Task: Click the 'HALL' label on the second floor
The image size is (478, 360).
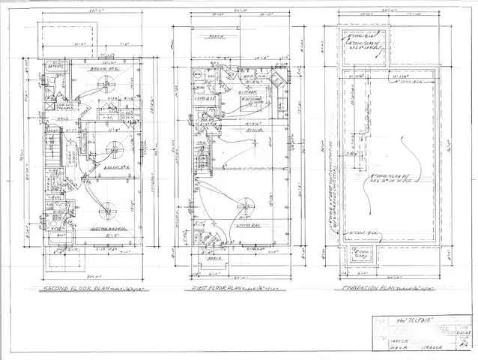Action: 66,117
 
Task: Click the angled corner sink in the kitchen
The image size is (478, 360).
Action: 277,82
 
